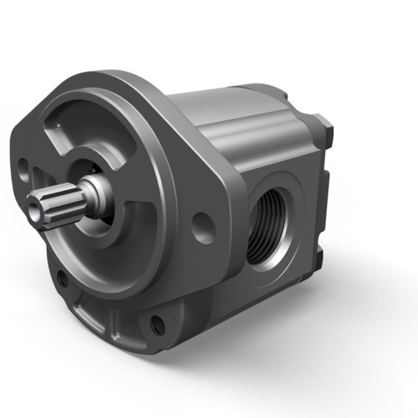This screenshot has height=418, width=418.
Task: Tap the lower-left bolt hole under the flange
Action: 63,280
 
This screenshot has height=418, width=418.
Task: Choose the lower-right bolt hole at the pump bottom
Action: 157,322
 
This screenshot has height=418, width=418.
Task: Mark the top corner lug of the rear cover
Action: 325,127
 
